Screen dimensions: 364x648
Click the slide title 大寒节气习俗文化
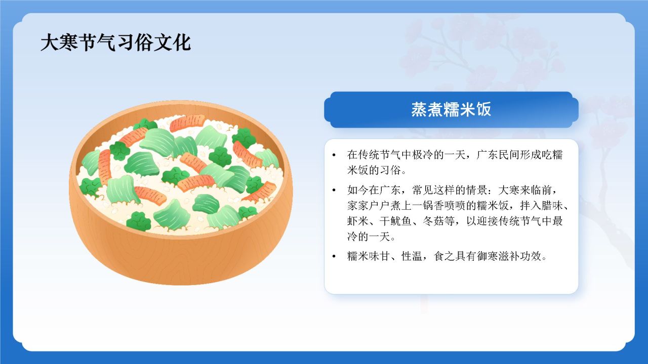tap(115, 42)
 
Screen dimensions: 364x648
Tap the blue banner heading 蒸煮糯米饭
tap(451, 110)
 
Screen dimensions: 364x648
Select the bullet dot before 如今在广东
tap(334, 191)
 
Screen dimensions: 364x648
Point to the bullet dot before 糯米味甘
tap(334, 256)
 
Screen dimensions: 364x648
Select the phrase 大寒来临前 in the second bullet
tap(528, 191)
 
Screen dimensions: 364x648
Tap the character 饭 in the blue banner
tap(483, 110)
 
